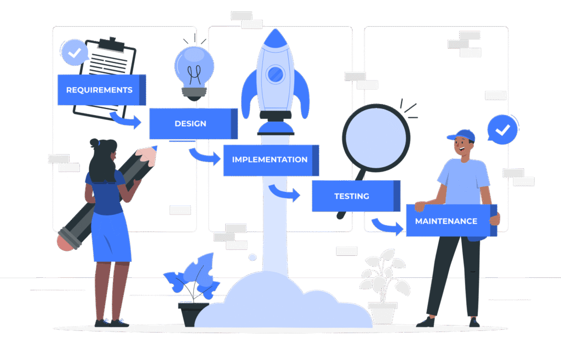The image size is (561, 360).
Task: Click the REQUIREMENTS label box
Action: pyautogui.click(x=99, y=90)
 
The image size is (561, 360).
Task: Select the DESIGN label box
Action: pyautogui.click(x=191, y=124)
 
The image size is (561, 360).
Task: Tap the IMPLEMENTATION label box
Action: pyautogui.click(x=270, y=160)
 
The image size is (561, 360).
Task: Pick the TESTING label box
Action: pyautogui.click(x=352, y=196)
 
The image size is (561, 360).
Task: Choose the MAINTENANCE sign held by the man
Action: pyautogui.click(x=446, y=221)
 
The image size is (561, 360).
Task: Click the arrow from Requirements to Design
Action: pyautogui.click(x=127, y=119)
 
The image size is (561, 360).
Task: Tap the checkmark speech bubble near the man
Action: pyautogui.click(x=502, y=130)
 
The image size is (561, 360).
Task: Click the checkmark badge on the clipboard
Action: pyautogui.click(x=75, y=53)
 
